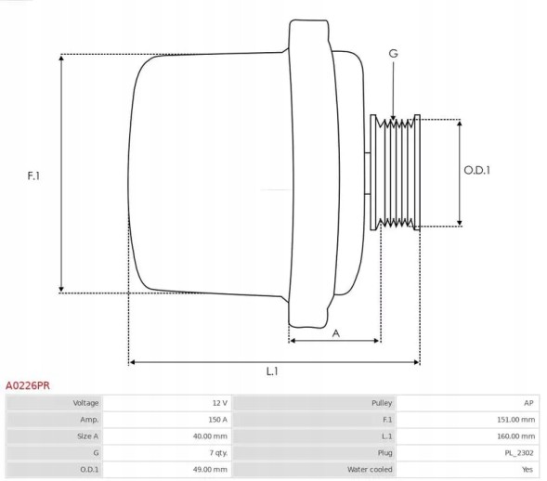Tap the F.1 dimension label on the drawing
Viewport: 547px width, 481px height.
click(33, 175)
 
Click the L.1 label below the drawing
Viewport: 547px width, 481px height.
click(272, 371)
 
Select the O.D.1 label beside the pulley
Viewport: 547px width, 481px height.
click(476, 170)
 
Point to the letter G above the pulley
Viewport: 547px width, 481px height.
click(393, 54)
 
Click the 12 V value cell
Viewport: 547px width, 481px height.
click(219, 403)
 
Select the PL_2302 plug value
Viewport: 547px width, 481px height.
click(518, 452)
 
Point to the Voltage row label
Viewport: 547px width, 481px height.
click(85, 403)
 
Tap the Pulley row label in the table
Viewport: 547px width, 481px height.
click(381, 403)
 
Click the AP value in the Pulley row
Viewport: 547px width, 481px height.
click(528, 403)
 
